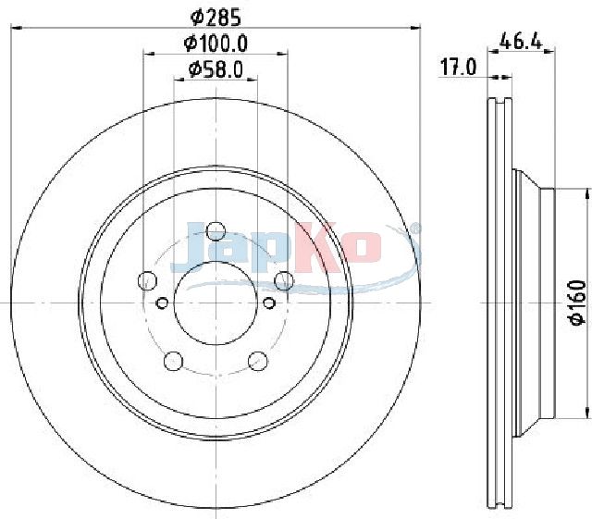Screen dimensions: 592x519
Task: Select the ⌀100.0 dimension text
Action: (x=216, y=43)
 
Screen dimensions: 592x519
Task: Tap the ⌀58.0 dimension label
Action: (x=216, y=70)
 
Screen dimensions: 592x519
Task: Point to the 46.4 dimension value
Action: (x=521, y=41)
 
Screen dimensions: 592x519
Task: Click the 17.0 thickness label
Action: (x=459, y=68)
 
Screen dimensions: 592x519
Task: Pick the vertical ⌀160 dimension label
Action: (x=578, y=303)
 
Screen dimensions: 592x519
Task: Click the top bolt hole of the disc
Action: (x=216, y=230)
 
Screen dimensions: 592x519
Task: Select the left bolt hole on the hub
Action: (x=148, y=280)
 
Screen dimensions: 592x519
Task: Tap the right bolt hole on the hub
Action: (x=284, y=280)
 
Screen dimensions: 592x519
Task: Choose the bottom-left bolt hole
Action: (x=173, y=361)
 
